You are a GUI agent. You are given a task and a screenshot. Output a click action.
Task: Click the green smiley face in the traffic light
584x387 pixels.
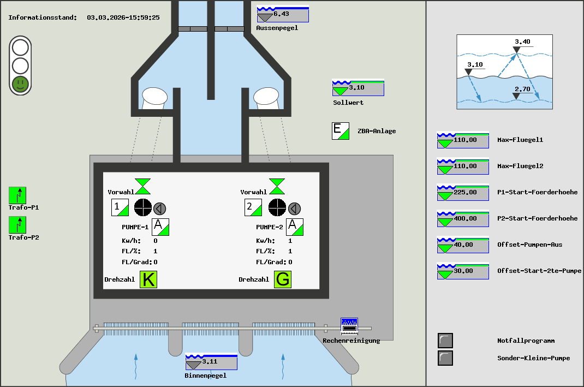pyautogui.click(x=20, y=84)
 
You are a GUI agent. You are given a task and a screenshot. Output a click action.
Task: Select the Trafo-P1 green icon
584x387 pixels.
pyautogui.click(x=17, y=195)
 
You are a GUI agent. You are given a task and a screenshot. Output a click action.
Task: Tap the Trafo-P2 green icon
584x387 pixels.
pyautogui.click(x=17, y=225)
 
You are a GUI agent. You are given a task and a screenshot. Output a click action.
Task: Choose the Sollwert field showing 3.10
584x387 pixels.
pyautogui.click(x=358, y=88)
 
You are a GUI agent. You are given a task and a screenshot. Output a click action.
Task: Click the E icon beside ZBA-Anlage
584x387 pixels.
pyautogui.click(x=341, y=131)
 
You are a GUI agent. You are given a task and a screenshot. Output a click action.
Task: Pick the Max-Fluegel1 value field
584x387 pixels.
pyautogui.click(x=463, y=140)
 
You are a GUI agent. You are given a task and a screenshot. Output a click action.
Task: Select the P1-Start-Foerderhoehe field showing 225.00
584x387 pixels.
pyautogui.click(x=463, y=193)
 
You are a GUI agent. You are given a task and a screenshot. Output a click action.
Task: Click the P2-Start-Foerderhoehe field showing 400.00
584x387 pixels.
pyautogui.click(x=463, y=219)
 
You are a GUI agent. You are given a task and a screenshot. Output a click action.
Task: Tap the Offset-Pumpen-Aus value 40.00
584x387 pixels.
pyautogui.click(x=463, y=245)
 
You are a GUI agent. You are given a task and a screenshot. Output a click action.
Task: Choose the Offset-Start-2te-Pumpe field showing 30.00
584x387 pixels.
pyautogui.click(x=463, y=271)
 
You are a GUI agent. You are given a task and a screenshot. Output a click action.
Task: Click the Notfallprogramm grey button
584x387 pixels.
pyautogui.click(x=445, y=341)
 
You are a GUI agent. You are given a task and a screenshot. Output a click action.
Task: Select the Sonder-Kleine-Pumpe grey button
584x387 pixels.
pyautogui.click(x=445, y=358)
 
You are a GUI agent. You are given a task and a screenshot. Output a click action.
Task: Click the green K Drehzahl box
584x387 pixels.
pyautogui.click(x=148, y=279)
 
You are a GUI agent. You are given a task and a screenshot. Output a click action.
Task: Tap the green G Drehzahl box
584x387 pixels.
pyautogui.click(x=283, y=279)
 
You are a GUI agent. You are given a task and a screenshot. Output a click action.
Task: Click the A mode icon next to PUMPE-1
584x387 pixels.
pyautogui.click(x=160, y=227)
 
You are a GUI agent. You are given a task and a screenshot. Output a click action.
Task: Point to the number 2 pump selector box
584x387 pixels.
pyautogui.click(x=253, y=207)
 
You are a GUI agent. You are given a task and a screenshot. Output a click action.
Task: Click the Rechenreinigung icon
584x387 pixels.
pyautogui.click(x=349, y=326)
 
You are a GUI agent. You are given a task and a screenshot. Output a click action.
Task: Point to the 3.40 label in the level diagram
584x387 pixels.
pyautogui.click(x=522, y=41)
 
